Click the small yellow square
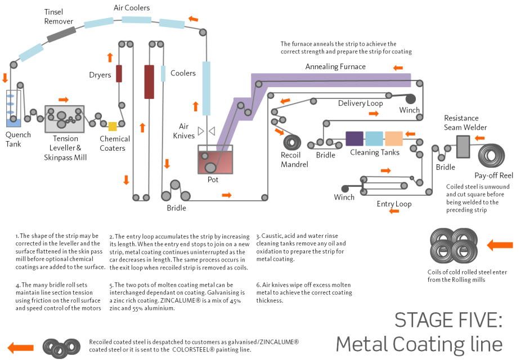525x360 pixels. [113, 127]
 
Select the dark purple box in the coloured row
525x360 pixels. [354, 138]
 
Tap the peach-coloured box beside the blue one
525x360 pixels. [394, 138]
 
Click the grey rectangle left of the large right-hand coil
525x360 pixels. [463, 146]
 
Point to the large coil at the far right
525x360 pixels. [491, 155]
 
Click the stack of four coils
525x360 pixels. [454, 245]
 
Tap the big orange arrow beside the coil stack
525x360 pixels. [500, 245]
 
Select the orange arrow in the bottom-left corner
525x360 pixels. [21, 348]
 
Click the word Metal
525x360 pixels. [360, 344]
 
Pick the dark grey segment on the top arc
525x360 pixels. [61, 34]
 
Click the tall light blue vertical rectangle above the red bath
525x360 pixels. [206, 88]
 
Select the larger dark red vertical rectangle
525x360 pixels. [149, 82]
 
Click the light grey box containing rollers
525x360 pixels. [65, 119]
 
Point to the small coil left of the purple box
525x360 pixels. [292, 142]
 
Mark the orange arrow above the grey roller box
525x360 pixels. [64, 100]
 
